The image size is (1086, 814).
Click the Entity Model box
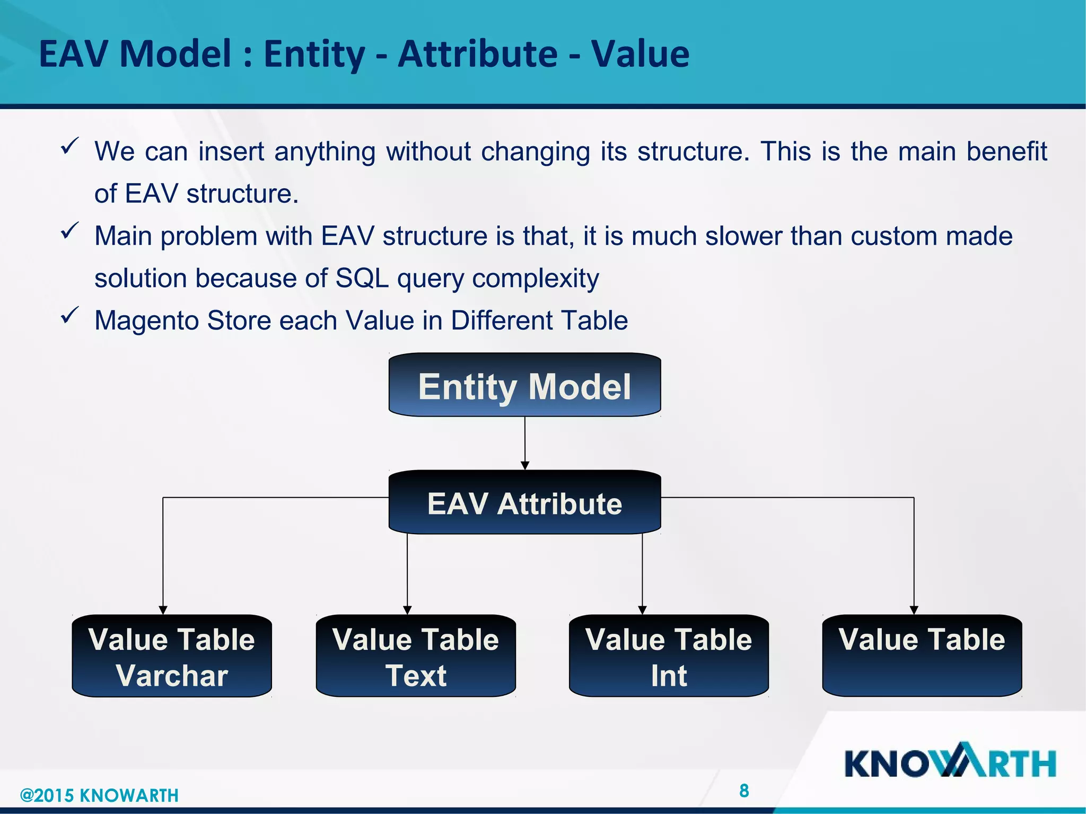(524, 385)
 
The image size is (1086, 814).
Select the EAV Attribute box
(524, 502)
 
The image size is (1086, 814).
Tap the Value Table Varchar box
(172, 656)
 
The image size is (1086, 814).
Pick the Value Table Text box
(416, 656)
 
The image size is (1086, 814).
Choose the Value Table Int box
(669, 656)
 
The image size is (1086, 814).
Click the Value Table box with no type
(922, 656)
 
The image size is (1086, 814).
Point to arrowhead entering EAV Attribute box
(525, 465)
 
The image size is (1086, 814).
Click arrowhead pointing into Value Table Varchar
(163, 610)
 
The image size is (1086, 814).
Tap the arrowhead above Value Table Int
(642, 610)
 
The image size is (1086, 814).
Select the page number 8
(744, 791)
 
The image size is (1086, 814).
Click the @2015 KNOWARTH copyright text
(99, 795)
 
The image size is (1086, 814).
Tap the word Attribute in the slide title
(477, 54)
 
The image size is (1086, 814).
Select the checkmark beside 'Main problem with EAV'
(70, 231)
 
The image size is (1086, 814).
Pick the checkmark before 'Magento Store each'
(70, 315)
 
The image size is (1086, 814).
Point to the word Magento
(146, 321)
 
